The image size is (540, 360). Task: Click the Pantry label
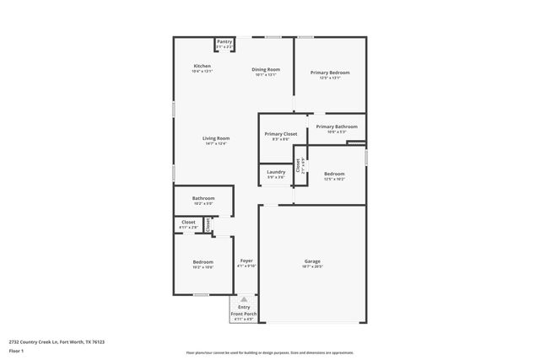[x=224, y=41]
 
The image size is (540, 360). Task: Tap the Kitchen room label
[x=202, y=66]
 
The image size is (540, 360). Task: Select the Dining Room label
[x=266, y=69]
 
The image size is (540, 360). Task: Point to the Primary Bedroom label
[x=329, y=73]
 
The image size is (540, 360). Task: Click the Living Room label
[x=216, y=138]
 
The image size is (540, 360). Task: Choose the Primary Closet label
[x=280, y=134]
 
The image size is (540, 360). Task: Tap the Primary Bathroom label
[x=337, y=126]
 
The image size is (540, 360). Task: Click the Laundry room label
[x=276, y=172]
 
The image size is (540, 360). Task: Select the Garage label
[x=312, y=261]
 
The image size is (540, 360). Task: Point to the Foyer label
[x=246, y=261]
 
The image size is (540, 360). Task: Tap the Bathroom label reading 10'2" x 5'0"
[x=203, y=198]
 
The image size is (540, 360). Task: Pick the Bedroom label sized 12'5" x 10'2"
[x=334, y=174]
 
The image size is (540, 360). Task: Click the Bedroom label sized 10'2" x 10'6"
[x=202, y=262]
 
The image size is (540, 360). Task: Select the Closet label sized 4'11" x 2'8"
[x=189, y=223]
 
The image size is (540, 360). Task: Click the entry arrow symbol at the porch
[x=244, y=299]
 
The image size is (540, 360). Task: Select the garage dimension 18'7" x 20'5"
[x=312, y=266]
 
